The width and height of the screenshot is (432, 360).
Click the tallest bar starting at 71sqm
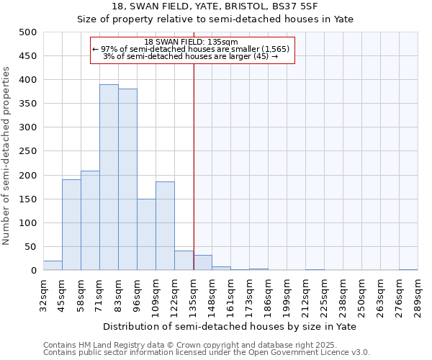pos(109,177)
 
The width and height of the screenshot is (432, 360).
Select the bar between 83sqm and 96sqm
pos(127,179)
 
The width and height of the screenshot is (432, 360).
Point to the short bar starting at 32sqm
pos(53,266)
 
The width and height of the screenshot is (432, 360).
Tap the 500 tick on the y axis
pos(27,32)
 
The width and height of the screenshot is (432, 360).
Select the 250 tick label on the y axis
pos(27,152)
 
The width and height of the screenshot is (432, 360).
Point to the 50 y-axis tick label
pos(30,247)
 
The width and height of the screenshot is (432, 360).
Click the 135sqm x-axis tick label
pos(193,295)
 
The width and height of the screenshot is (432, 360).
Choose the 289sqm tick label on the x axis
pos(418,295)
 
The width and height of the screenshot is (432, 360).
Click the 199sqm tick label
pos(287,295)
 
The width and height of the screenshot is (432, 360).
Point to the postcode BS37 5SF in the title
pos(315,6)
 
